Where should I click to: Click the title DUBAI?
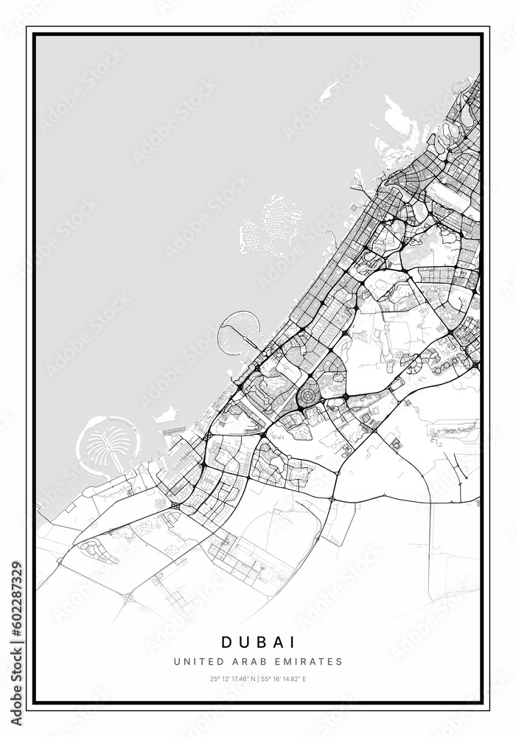(258, 643)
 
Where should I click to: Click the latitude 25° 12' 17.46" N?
(231, 679)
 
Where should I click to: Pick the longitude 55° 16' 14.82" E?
(285, 679)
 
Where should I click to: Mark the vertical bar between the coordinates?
(258, 679)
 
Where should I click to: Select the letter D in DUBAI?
(225, 643)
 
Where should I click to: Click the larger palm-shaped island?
(108, 445)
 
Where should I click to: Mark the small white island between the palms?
(167, 415)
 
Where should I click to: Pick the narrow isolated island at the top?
(329, 92)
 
